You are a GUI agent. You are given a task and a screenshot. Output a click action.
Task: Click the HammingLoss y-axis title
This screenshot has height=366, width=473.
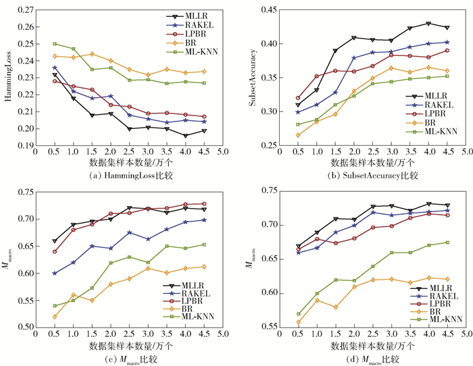click(x=9, y=78)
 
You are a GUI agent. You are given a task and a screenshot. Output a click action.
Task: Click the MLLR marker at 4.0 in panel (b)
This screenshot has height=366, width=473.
click(x=428, y=24)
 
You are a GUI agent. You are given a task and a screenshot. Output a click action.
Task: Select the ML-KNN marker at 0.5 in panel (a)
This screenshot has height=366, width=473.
click(x=55, y=44)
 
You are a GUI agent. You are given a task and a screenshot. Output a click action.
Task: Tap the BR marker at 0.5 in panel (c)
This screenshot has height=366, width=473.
click(x=55, y=316)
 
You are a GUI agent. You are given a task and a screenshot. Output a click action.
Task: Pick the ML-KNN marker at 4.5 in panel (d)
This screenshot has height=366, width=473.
click(x=447, y=242)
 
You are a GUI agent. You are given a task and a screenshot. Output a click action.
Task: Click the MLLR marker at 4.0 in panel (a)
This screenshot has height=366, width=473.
click(x=184, y=136)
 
